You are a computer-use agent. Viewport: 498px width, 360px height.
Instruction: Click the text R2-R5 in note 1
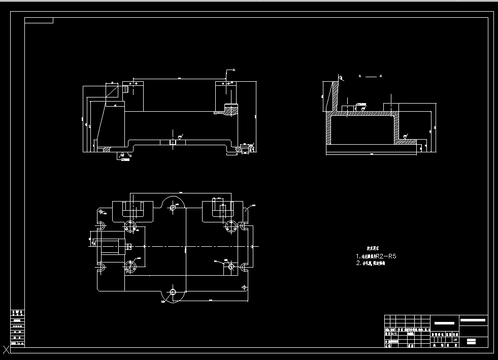tap(385, 256)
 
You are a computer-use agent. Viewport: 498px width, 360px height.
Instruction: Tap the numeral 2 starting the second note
tap(358, 264)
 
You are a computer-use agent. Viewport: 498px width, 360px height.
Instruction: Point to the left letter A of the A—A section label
tap(360, 76)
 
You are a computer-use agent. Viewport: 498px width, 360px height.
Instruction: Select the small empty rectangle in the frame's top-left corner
tap(39, 20)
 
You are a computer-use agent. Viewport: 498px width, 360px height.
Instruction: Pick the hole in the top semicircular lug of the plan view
tap(174, 207)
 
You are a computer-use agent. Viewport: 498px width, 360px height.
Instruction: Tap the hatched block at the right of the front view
tap(231, 109)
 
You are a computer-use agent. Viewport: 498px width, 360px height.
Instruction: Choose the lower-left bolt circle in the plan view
tap(131, 266)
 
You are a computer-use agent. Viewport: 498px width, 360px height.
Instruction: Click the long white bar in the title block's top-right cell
tap(473, 320)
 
